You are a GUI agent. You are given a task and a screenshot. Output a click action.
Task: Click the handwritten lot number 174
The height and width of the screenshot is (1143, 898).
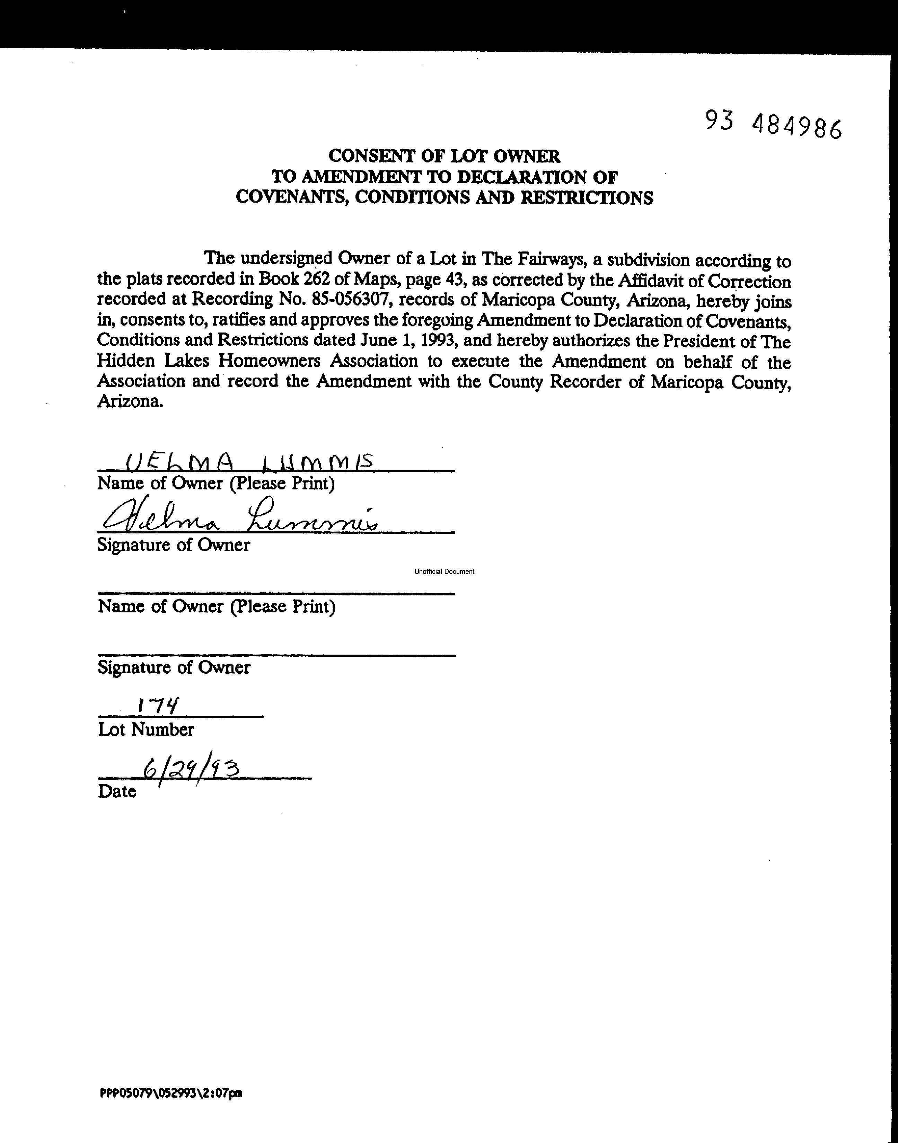[158, 705]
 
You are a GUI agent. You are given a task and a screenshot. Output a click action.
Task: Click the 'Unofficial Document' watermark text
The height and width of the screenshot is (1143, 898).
[444, 571]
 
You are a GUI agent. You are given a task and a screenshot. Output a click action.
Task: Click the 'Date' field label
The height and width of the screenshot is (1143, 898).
[117, 791]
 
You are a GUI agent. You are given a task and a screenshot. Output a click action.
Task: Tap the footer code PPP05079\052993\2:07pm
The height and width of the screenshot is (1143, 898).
[171, 1093]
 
